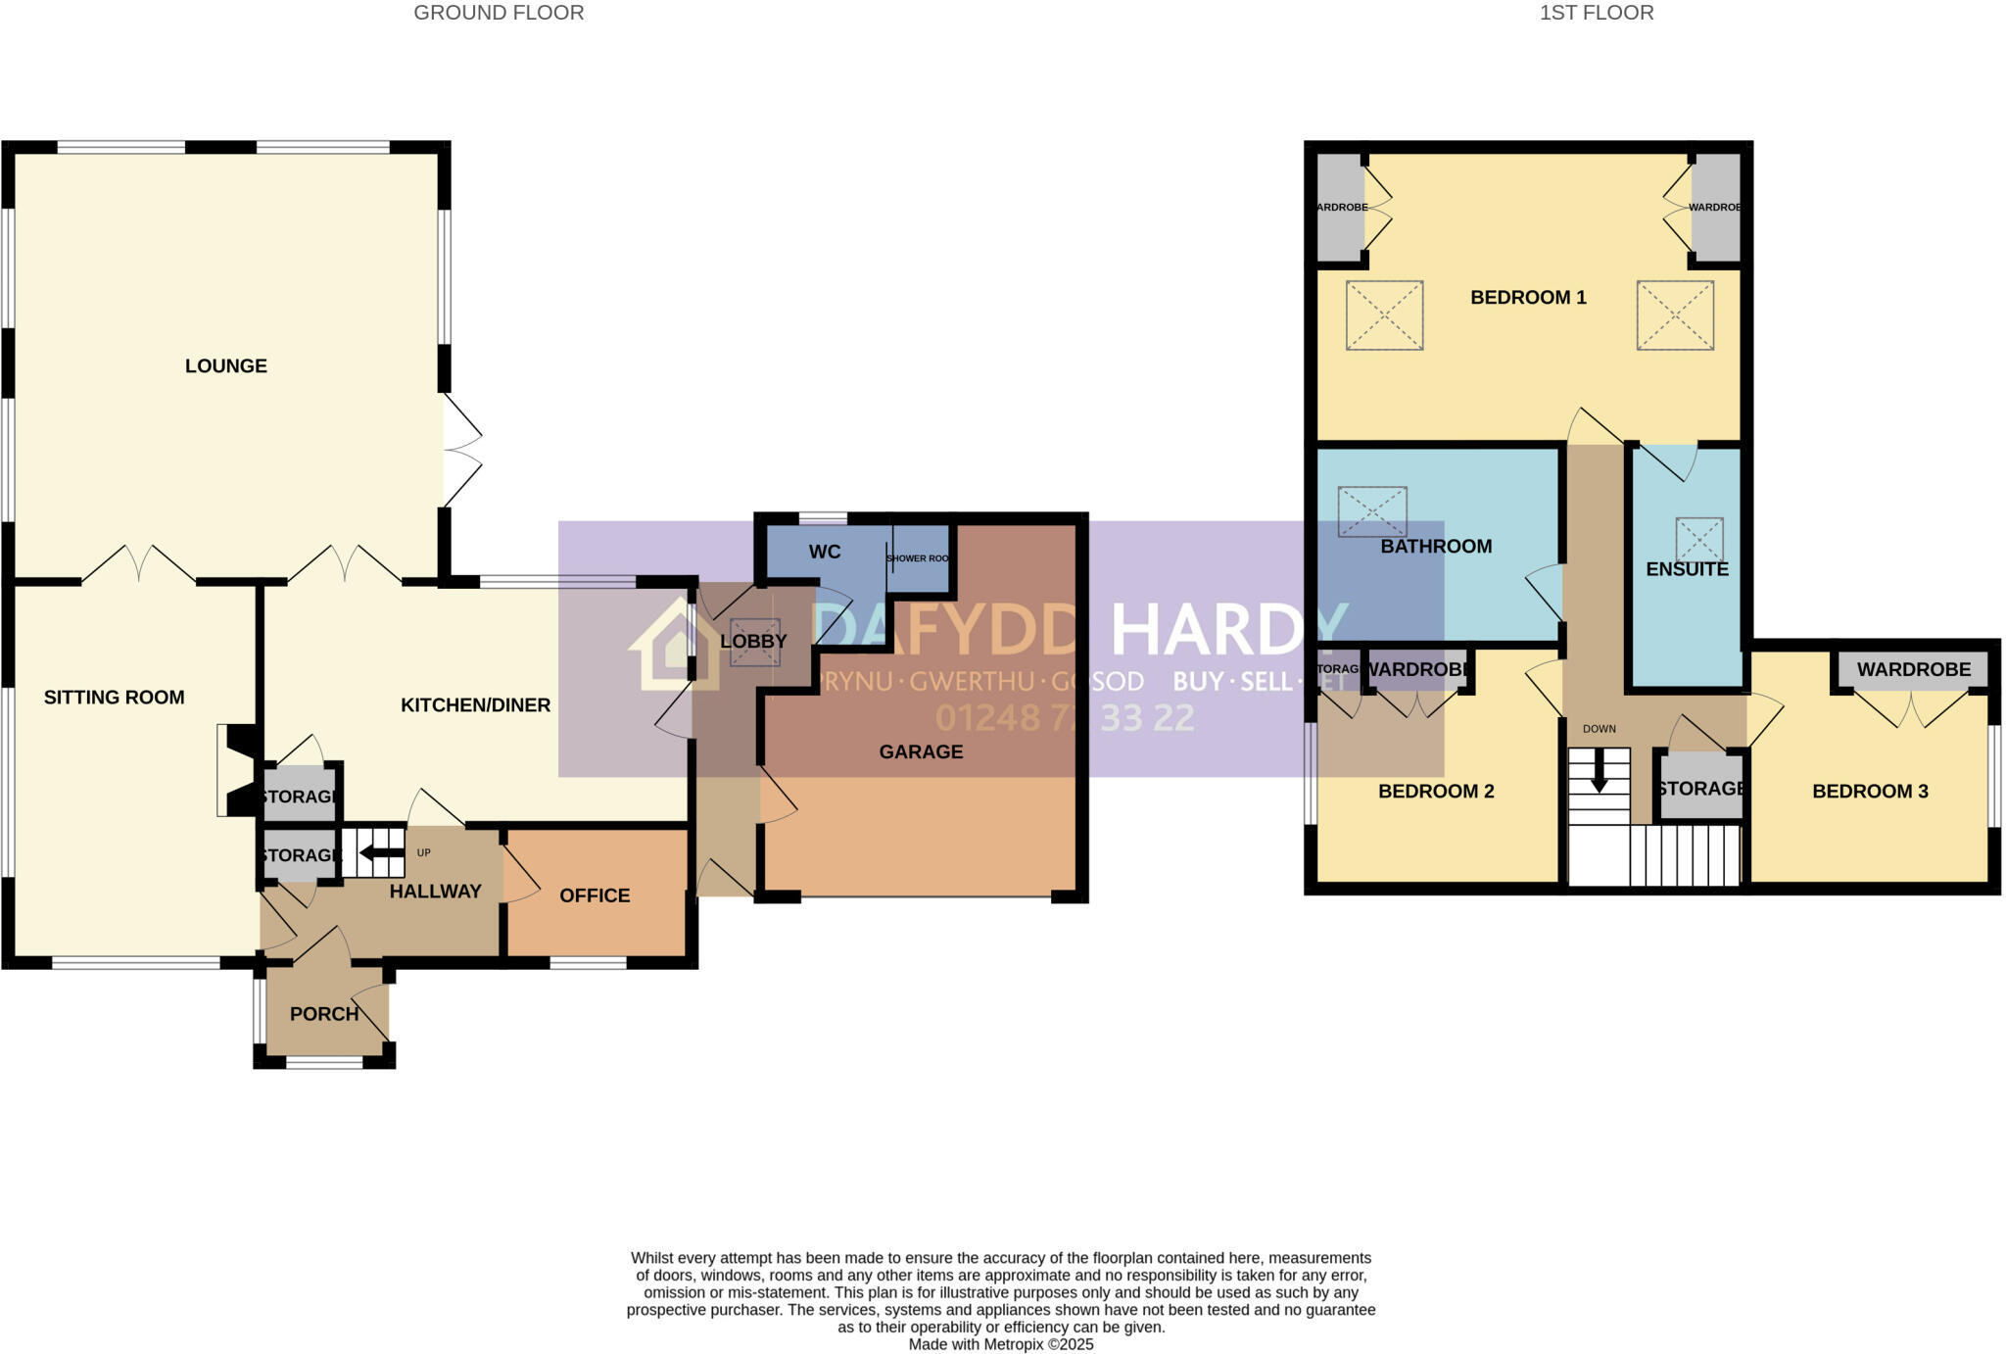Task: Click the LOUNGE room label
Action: point(225,365)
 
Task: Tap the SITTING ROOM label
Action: point(114,697)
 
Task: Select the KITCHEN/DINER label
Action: point(475,704)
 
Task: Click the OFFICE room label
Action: point(595,895)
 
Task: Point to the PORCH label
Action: point(324,1014)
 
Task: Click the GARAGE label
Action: point(921,751)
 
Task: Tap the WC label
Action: point(824,552)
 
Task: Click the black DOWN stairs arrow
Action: point(1599,771)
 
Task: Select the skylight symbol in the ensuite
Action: point(1698,540)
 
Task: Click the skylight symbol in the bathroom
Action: point(1372,511)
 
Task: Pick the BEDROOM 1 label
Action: point(1528,297)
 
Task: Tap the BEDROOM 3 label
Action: point(1870,791)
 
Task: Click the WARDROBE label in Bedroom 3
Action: point(1913,669)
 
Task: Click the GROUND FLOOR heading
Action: point(499,13)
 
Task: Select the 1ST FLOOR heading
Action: point(1597,13)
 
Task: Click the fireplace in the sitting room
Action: point(237,770)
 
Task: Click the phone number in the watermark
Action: point(1064,718)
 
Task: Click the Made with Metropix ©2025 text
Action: point(1000,1344)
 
